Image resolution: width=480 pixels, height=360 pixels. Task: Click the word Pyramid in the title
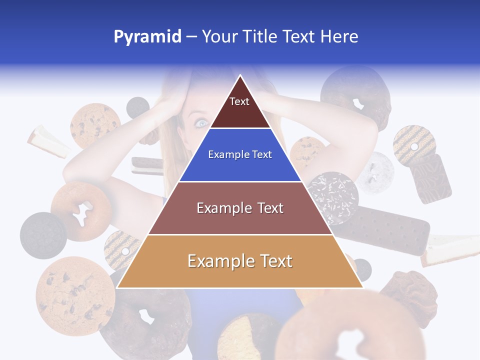(147, 37)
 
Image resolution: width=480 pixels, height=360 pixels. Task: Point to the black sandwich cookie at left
(43, 235)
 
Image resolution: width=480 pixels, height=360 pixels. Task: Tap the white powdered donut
(375, 172)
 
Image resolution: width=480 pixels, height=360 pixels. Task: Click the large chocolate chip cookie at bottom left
(75, 295)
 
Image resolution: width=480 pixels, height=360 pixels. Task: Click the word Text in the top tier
(239, 101)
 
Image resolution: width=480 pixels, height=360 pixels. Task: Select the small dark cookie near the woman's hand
(137, 106)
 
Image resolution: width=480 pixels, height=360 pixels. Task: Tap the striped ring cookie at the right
(414, 145)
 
